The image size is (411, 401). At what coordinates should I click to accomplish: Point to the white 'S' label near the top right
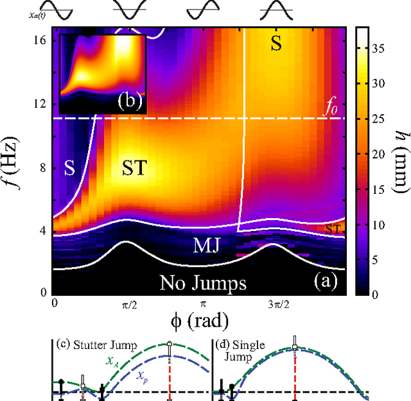(x=275, y=44)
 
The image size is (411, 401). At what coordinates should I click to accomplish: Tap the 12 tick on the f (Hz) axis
(x=40, y=103)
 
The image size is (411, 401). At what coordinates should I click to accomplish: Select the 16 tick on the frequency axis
(x=40, y=40)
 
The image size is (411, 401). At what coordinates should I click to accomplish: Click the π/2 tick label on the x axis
(x=128, y=303)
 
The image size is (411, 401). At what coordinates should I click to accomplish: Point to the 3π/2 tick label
(x=274, y=303)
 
